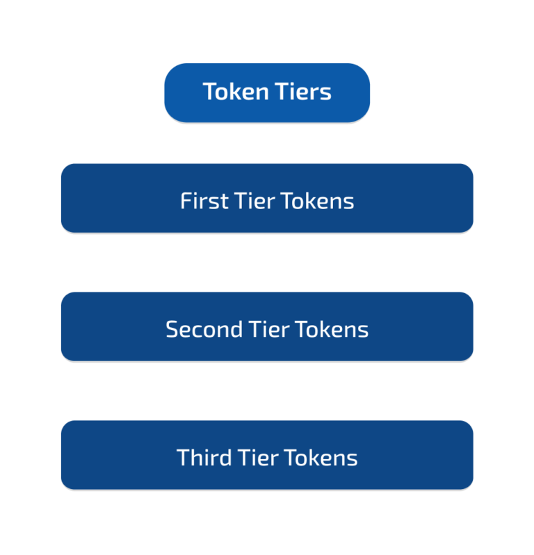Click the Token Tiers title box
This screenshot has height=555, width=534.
tap(267, 93)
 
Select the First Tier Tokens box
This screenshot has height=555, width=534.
tap(267, 198)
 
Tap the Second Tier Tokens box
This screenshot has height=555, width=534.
tap(267, 326)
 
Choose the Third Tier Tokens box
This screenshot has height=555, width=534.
tap(267, 455)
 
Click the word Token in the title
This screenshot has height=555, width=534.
tap(236, 92)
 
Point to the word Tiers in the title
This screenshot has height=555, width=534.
tap(303, 92)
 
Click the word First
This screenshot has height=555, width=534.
tap(204, 201)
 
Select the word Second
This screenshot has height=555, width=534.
tap(204, 329)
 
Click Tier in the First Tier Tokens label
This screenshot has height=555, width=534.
tap(254, 201)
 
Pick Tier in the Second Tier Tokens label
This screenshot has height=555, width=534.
tap(269, 329)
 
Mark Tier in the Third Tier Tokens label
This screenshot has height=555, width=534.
tap(259, 457)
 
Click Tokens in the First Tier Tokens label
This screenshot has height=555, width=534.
tap(318, 201)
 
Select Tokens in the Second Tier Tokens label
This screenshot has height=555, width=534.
tap(332, 329)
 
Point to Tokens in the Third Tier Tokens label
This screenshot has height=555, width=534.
tap(321, 457)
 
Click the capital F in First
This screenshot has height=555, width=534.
tap(186, 201)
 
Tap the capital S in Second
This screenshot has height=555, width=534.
tap(172, 329)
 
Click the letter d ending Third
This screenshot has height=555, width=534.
tap(226, 457)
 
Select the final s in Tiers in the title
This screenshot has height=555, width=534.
tap(325, 94)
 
